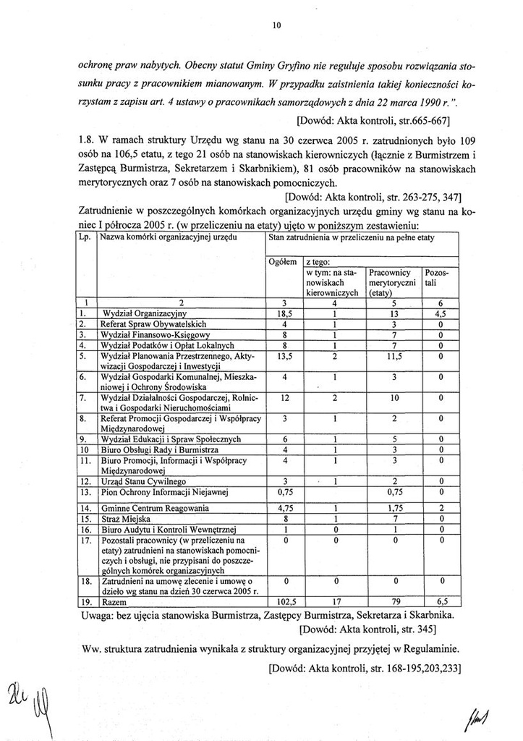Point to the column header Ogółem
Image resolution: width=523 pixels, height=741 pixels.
(282, 263)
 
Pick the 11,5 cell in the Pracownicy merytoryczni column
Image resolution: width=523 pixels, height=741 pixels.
(390, 357)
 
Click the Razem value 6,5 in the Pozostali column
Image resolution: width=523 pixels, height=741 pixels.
(440, 601)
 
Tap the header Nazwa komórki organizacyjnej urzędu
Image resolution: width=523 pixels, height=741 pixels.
(168, 237)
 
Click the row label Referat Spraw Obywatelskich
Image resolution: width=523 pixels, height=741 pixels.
(154, 324)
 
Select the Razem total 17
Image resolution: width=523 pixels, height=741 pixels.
(334, 601)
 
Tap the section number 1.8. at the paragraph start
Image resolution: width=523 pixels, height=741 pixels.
(87, 139)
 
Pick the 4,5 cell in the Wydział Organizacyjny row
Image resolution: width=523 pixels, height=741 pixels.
(440, 313)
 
